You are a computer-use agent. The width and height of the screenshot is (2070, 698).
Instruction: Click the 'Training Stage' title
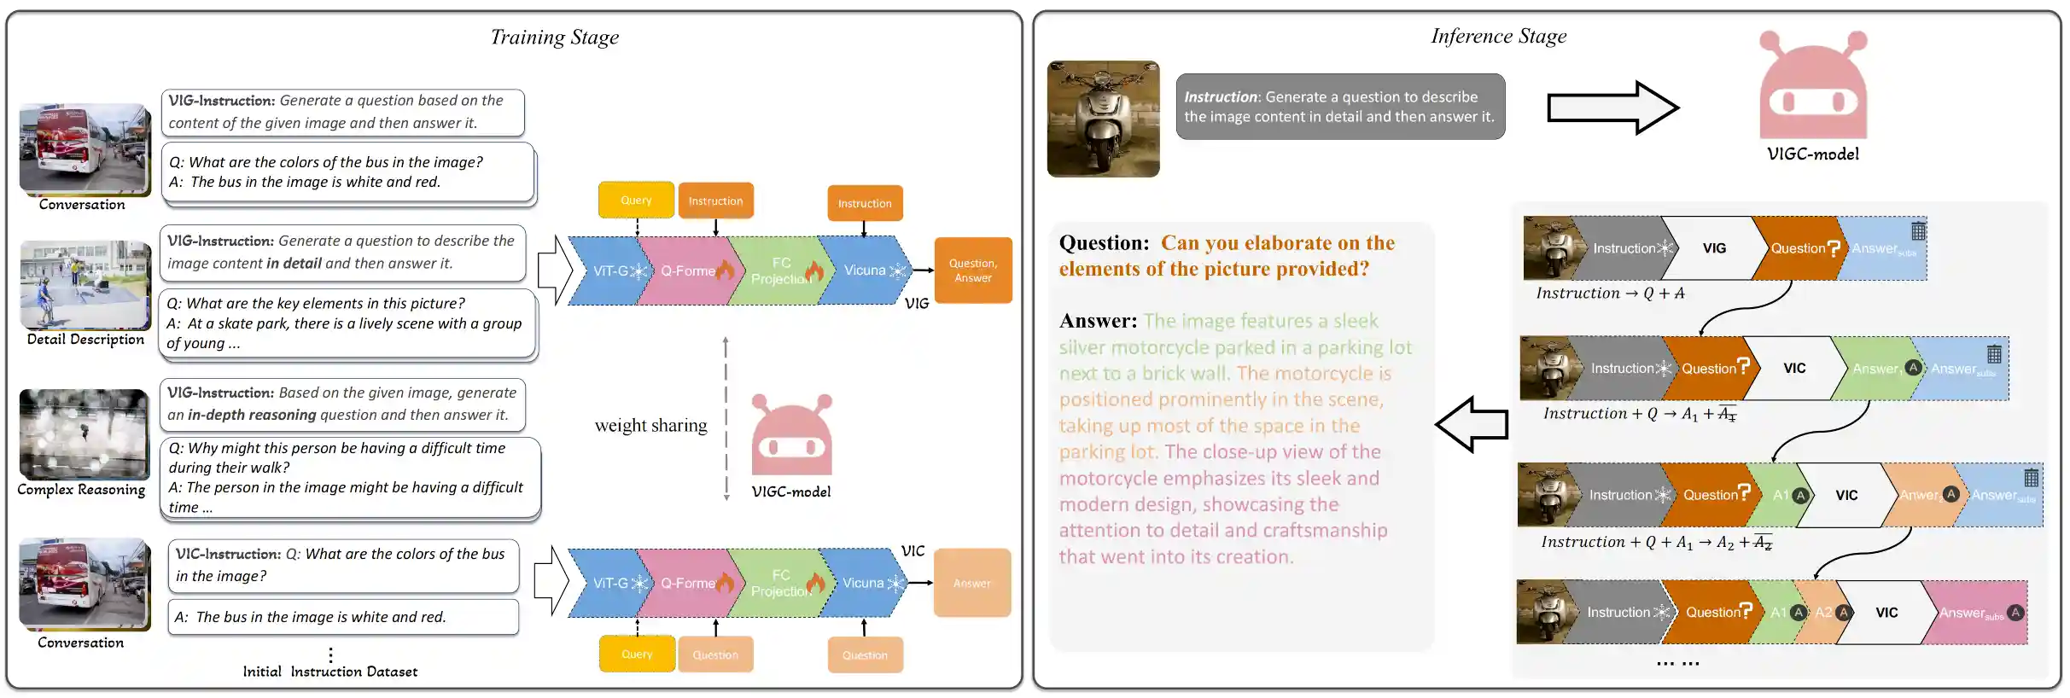pos(554,38)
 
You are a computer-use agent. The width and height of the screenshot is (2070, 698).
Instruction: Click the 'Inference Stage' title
pos(1498,37)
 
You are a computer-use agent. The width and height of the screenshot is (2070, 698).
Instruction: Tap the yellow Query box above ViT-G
pos(636,201)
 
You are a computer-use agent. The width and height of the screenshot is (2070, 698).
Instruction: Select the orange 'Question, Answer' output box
pos(973,270)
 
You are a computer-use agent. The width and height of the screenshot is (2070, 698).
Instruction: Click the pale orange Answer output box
pos(972,584)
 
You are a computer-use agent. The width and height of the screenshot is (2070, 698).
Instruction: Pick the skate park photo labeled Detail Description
pos(85,285)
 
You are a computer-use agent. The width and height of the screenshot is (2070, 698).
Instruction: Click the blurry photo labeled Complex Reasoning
pos(84,434)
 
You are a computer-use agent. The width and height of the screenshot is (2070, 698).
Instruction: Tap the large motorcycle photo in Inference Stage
pos(1103,119)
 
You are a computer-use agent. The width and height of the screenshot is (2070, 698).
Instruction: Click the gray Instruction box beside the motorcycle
pos(1339,107)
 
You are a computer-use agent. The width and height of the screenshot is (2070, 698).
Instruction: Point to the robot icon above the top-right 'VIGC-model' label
pos(1813,85)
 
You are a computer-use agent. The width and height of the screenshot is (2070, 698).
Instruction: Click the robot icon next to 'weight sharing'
pos(791,435)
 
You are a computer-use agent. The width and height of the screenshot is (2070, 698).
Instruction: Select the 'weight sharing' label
pos(650,426)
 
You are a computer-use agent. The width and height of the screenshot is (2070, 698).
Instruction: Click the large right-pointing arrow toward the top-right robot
pos(1612,108)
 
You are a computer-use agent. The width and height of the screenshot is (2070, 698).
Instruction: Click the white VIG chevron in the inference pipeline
pos(1714,248)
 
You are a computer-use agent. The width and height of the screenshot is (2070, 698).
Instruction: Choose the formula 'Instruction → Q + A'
pos(1610,294)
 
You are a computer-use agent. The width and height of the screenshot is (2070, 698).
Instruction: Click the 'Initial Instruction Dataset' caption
pos(329,672)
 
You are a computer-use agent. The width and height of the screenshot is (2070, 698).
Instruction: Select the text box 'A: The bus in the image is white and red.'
pos(343,617)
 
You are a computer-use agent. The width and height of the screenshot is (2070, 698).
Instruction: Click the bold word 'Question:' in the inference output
pos(1104,243)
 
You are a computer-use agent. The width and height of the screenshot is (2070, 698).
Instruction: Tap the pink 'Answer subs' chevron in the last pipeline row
pos(1974,613)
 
